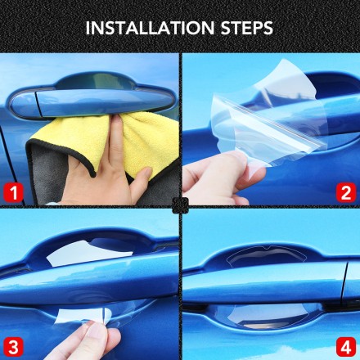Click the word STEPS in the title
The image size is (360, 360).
tap(247, 28)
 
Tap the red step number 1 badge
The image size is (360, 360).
tap(13, 192)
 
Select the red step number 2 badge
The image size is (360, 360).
tap(346, 192)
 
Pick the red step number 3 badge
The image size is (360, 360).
tap(13, 346)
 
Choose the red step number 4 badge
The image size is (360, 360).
tap(346, 346)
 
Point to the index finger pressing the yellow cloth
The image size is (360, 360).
tap(117, 142)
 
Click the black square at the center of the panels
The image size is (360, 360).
tap(180, 205)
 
